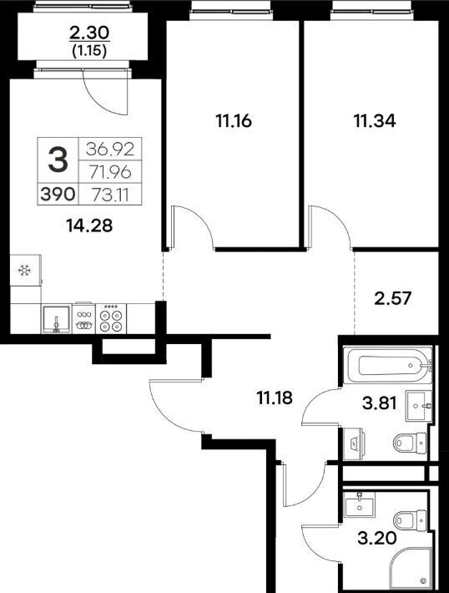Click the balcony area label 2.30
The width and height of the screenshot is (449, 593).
89,33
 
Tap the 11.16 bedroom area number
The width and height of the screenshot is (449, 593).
234,121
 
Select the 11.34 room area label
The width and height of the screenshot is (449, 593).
375,121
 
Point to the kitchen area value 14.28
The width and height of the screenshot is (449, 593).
89,226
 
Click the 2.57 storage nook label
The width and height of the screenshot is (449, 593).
393,298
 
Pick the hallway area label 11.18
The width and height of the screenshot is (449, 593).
275,398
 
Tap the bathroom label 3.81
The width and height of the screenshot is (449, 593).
379,403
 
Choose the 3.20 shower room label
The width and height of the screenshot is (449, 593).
377,537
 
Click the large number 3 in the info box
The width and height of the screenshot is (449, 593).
58,160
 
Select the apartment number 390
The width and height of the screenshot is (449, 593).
58,195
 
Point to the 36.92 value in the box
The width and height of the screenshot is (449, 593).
110,149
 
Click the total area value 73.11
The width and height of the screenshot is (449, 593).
110,195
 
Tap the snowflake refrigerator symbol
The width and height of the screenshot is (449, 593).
25,270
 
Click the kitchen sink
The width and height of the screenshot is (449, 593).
56,320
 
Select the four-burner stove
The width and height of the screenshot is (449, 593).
111,318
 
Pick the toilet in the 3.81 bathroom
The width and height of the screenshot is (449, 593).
410,442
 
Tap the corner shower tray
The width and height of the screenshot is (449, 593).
410,570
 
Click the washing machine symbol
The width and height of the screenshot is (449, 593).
353,443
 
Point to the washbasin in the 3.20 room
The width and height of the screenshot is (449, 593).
359,505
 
